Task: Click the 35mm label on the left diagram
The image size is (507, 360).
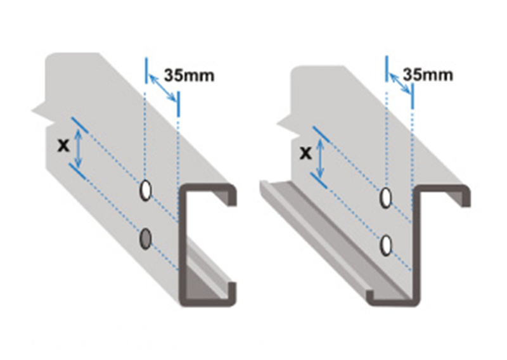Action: coord(189,75)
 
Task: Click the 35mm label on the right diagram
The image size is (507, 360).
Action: coord(428,75)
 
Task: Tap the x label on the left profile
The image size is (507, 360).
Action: coord(63,145)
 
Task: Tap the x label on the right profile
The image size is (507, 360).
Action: coord(305,153)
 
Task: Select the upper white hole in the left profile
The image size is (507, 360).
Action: coord(146,191)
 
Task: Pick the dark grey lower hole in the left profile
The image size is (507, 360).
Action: coord(146,239)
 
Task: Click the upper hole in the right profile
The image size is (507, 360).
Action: coord(385,197)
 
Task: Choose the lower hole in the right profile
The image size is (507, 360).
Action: coord(385,245)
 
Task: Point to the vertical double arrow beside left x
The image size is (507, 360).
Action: coord(78,148)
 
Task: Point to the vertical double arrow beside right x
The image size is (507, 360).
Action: coord(320,158)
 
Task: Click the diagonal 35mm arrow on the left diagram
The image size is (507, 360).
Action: coord(163,87)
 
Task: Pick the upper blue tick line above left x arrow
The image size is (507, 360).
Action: coord(80,125)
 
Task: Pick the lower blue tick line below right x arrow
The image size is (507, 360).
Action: coord(319,181)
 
